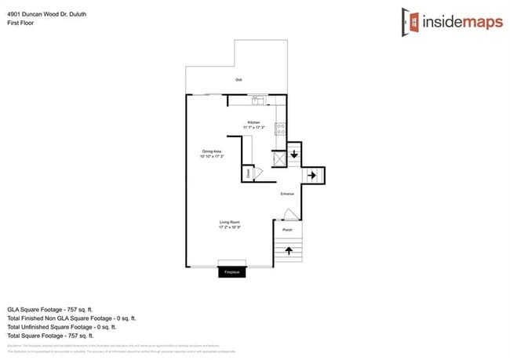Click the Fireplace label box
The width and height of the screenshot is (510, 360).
click(231, 271)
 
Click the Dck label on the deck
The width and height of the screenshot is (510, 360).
click(239, 80)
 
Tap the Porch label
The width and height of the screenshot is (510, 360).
click(287, 230)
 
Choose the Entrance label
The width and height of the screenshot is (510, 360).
click(288, 195)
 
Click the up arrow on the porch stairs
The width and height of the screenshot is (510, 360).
click(288, 251)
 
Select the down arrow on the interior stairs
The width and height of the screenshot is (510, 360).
click(293, 155)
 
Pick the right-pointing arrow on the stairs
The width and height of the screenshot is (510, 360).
click(312, 175)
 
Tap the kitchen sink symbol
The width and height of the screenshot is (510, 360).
click(257, 100)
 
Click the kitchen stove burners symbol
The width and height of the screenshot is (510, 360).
click(280, 129)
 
